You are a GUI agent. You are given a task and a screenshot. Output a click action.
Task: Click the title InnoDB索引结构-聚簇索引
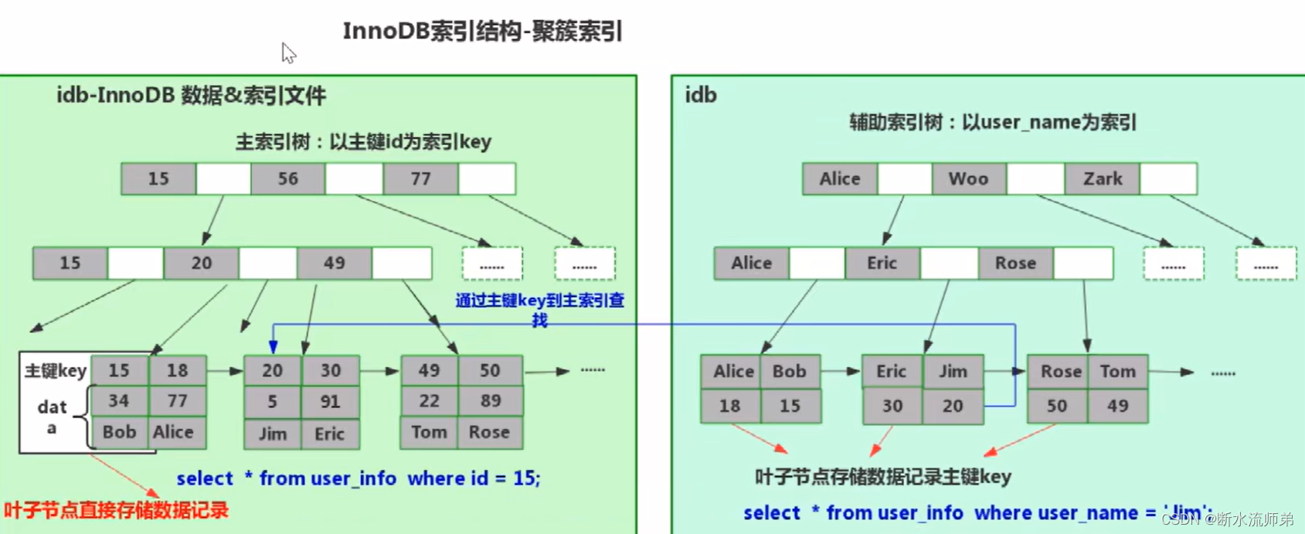(482, 32)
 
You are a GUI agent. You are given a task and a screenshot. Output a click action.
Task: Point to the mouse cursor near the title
(288, 53)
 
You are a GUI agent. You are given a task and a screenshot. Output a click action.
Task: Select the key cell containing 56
(288, 179)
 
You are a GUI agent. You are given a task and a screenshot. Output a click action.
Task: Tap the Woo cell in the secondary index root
(968, 179)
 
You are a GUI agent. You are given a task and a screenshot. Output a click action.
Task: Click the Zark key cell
(1103, 179)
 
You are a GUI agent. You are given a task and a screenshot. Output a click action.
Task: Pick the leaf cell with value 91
(331, 401)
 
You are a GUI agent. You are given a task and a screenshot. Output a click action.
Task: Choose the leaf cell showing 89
(490, 400)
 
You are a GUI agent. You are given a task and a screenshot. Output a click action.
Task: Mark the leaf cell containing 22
(429, 400)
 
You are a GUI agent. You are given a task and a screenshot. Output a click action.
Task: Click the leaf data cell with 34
(119, 400)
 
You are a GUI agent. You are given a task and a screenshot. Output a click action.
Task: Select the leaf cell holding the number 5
(272, 401)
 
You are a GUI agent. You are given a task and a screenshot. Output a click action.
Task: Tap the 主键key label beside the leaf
(55, 371)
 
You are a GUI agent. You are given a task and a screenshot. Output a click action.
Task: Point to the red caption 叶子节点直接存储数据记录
(117, 510)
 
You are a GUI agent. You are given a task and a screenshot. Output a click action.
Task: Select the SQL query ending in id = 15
(359, 478)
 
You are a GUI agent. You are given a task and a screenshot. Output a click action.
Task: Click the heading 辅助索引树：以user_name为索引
(993, 122)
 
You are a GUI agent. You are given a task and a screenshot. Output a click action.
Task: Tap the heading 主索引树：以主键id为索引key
(363, 141)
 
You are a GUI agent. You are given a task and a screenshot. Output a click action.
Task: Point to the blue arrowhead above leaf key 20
(273, 347)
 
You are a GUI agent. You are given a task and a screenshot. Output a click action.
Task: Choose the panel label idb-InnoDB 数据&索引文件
(191, 95)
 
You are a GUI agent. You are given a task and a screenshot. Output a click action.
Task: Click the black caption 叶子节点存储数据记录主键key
(883, 477)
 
